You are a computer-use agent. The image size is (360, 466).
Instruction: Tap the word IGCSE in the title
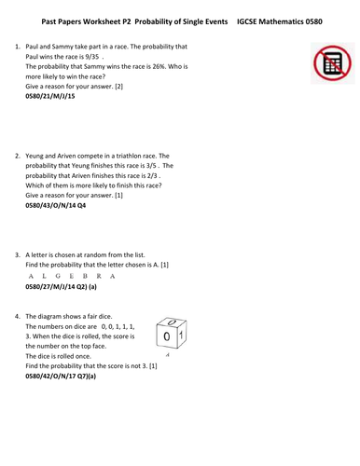[249, 19]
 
